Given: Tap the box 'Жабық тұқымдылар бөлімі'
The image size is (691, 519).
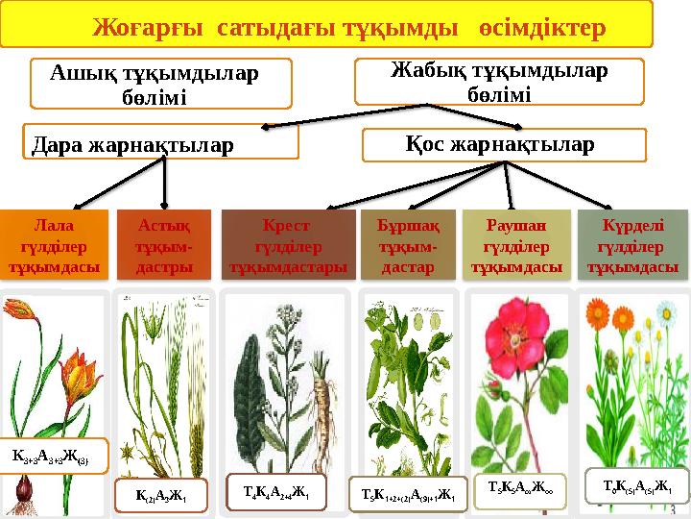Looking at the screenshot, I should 497,81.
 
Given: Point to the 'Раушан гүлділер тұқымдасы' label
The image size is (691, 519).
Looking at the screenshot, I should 515,245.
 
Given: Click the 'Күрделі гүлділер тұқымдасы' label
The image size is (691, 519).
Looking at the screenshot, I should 633,245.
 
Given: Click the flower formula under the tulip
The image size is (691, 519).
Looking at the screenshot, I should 58,452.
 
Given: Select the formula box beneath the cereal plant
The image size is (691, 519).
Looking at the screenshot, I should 160,496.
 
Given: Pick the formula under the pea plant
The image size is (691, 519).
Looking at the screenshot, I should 408,494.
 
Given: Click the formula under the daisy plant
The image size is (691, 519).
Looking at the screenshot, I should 636,484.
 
